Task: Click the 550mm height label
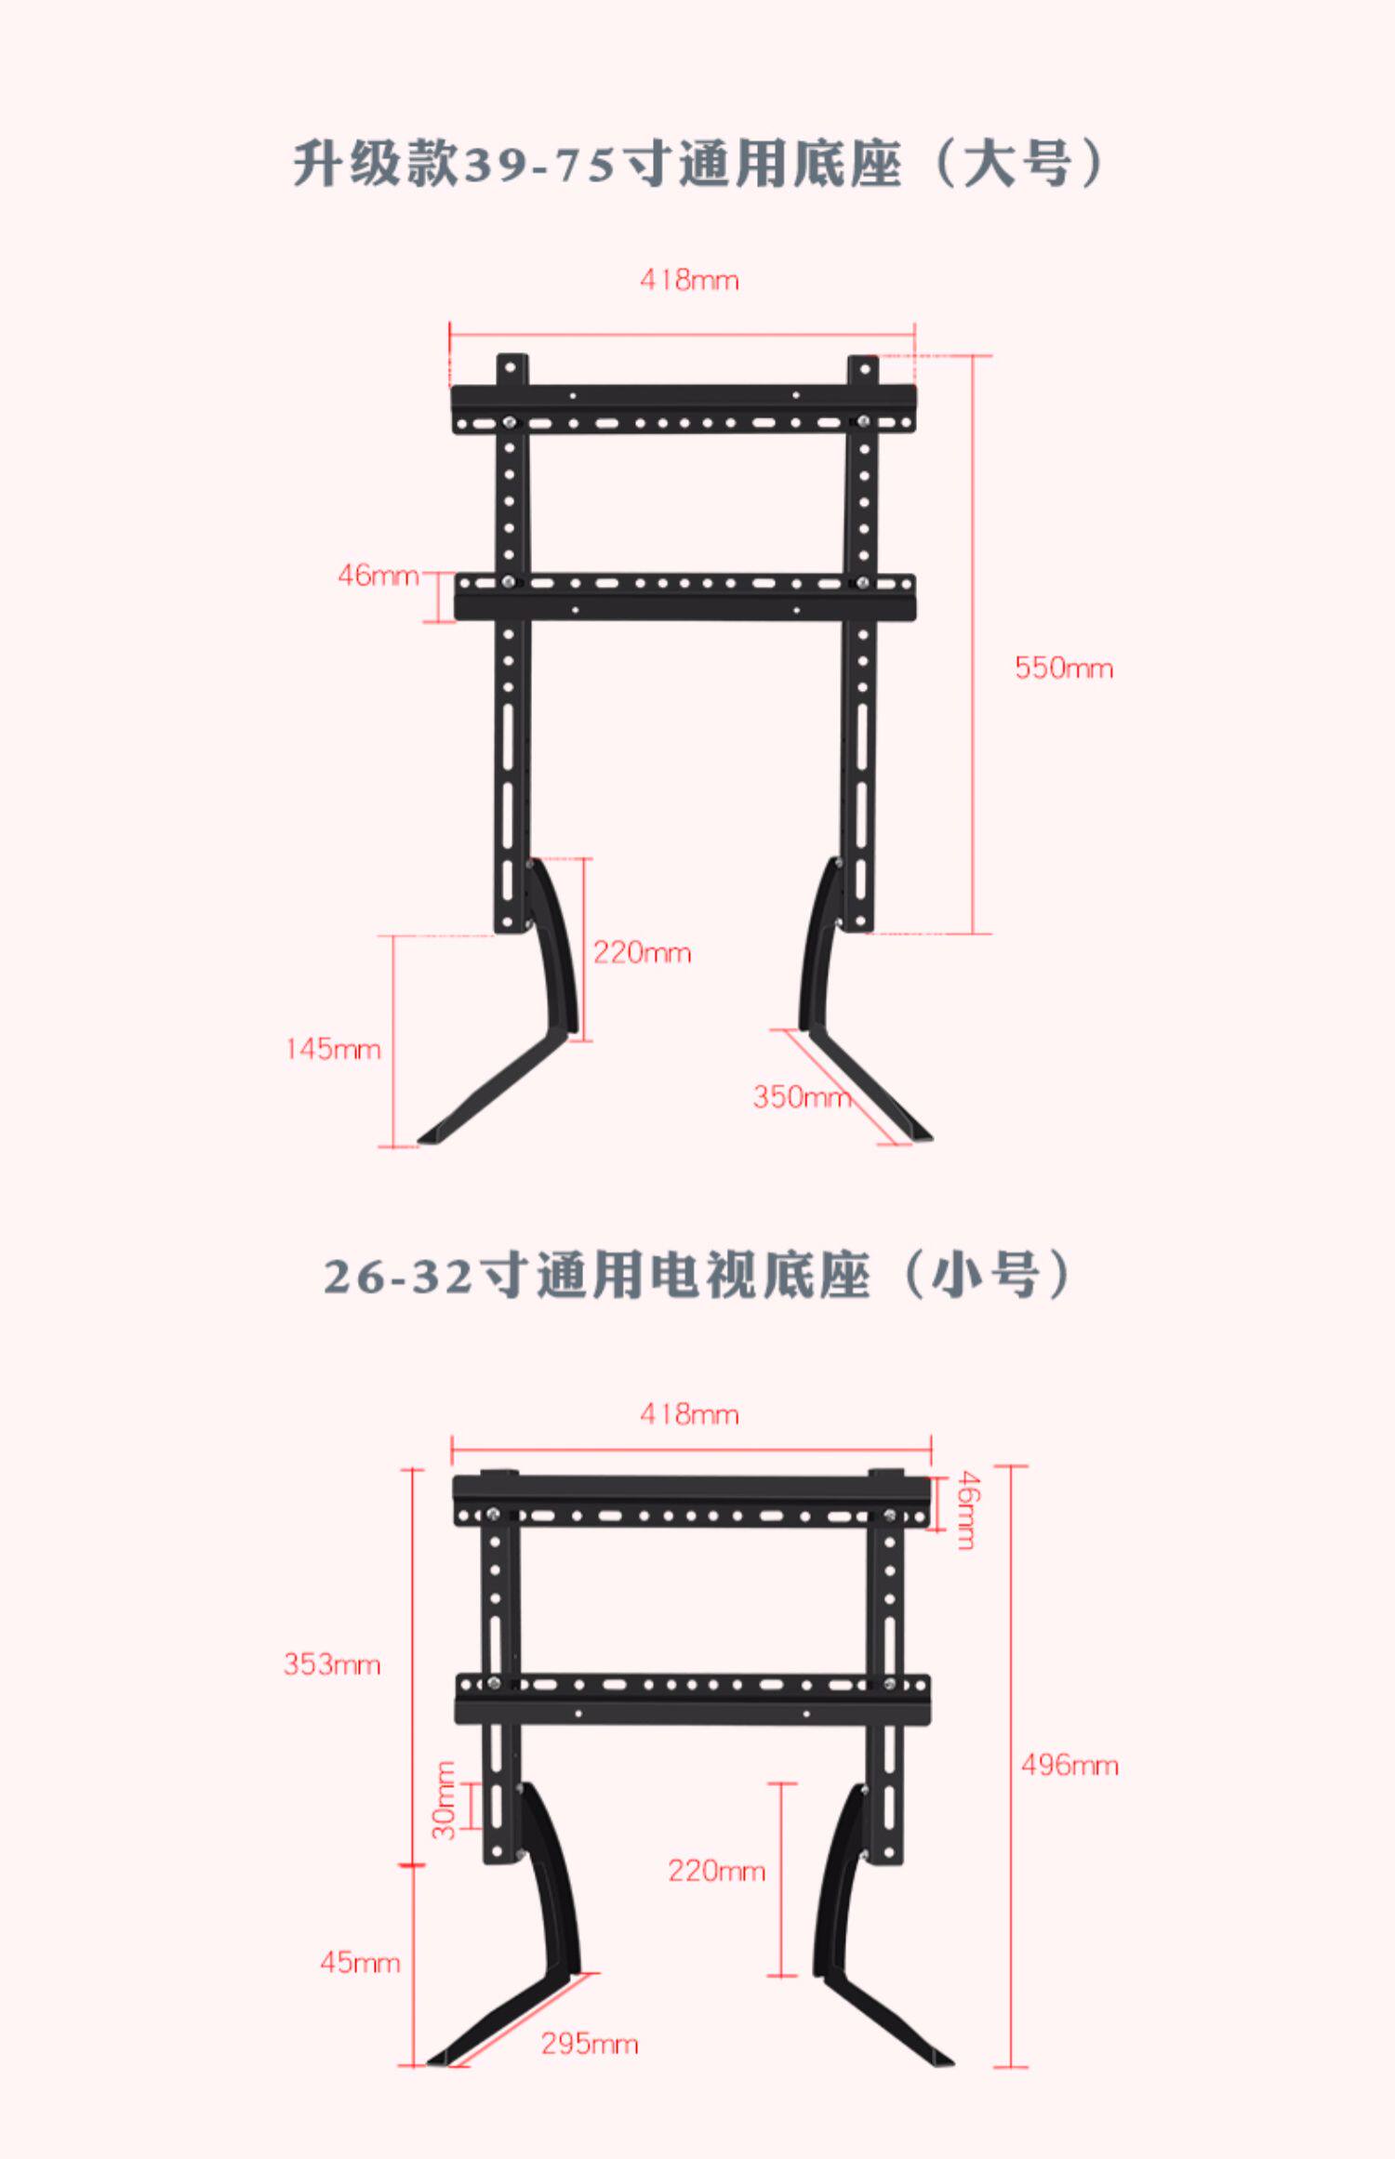pyautogui.click(x=1063, y=668)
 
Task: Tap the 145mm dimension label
pyautogui.click(x=333, y=1049)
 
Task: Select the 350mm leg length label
pyautogui.click(x=802, y=1097)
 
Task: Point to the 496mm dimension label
pyautogui.click(x=1069, y=1765)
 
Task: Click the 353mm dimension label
pyautogui.click(x=332, y=1663)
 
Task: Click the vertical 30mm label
pyautogui.click(x=445, y=1800)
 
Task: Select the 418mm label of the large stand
pyautogui.click(x=689, y=279)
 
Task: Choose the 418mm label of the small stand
pyautogui.click(x=689, y=1414)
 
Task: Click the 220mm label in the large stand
pyautogui.click(x=642, y=952)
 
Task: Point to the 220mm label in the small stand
pyautogui.click(x=716, y=1870)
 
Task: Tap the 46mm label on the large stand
pyautogui.click(x=378, y=575)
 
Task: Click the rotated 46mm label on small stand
pyautogui.click(x=966, y=1510)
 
